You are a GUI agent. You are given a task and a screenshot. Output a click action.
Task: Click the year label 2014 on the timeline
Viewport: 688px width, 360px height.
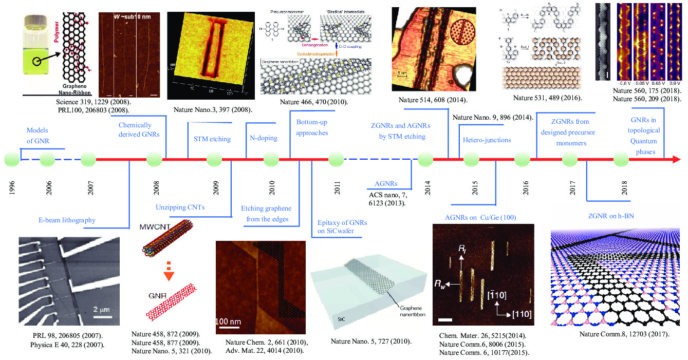coord(427,189)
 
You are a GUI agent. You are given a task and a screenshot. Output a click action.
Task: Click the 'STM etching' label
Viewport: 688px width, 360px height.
coord(212,139)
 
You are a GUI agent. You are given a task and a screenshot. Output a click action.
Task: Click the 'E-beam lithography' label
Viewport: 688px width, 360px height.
coord(67,220)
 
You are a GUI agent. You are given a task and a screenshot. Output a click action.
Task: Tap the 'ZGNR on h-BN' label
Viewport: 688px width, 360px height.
coord(610,216)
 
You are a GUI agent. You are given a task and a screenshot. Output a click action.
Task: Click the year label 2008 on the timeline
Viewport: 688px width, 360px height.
coord(156,189)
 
